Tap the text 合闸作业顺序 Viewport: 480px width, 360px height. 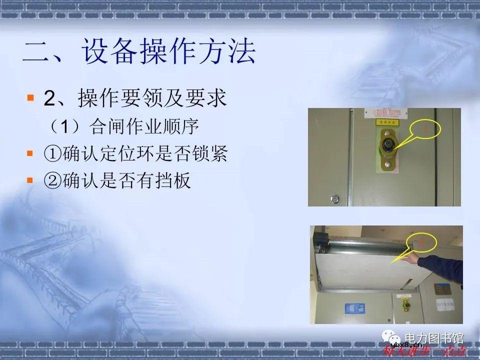(144, 126)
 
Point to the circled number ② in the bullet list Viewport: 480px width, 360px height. (52, 180)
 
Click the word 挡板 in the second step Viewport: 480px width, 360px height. (176, 180)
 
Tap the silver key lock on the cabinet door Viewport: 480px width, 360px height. (333, 198)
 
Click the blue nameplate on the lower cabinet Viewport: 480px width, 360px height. (354, 307)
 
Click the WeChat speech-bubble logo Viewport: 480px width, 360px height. (389, 339)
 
